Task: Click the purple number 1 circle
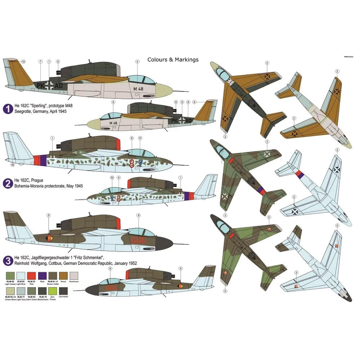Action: [x=7, y=108]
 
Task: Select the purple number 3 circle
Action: [x=7, y=260]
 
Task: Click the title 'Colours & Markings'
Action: [x=173, y=60]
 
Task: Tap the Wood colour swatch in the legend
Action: [x=63, y=276]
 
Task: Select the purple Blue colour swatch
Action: [x=42, y=276]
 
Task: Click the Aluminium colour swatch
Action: [x=73, y=276]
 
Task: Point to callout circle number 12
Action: [x=23, y=62]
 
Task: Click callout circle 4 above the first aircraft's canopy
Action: [x=137, y=62]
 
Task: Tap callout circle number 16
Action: [x=12, y=165]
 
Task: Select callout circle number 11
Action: [x=140, y=138]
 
